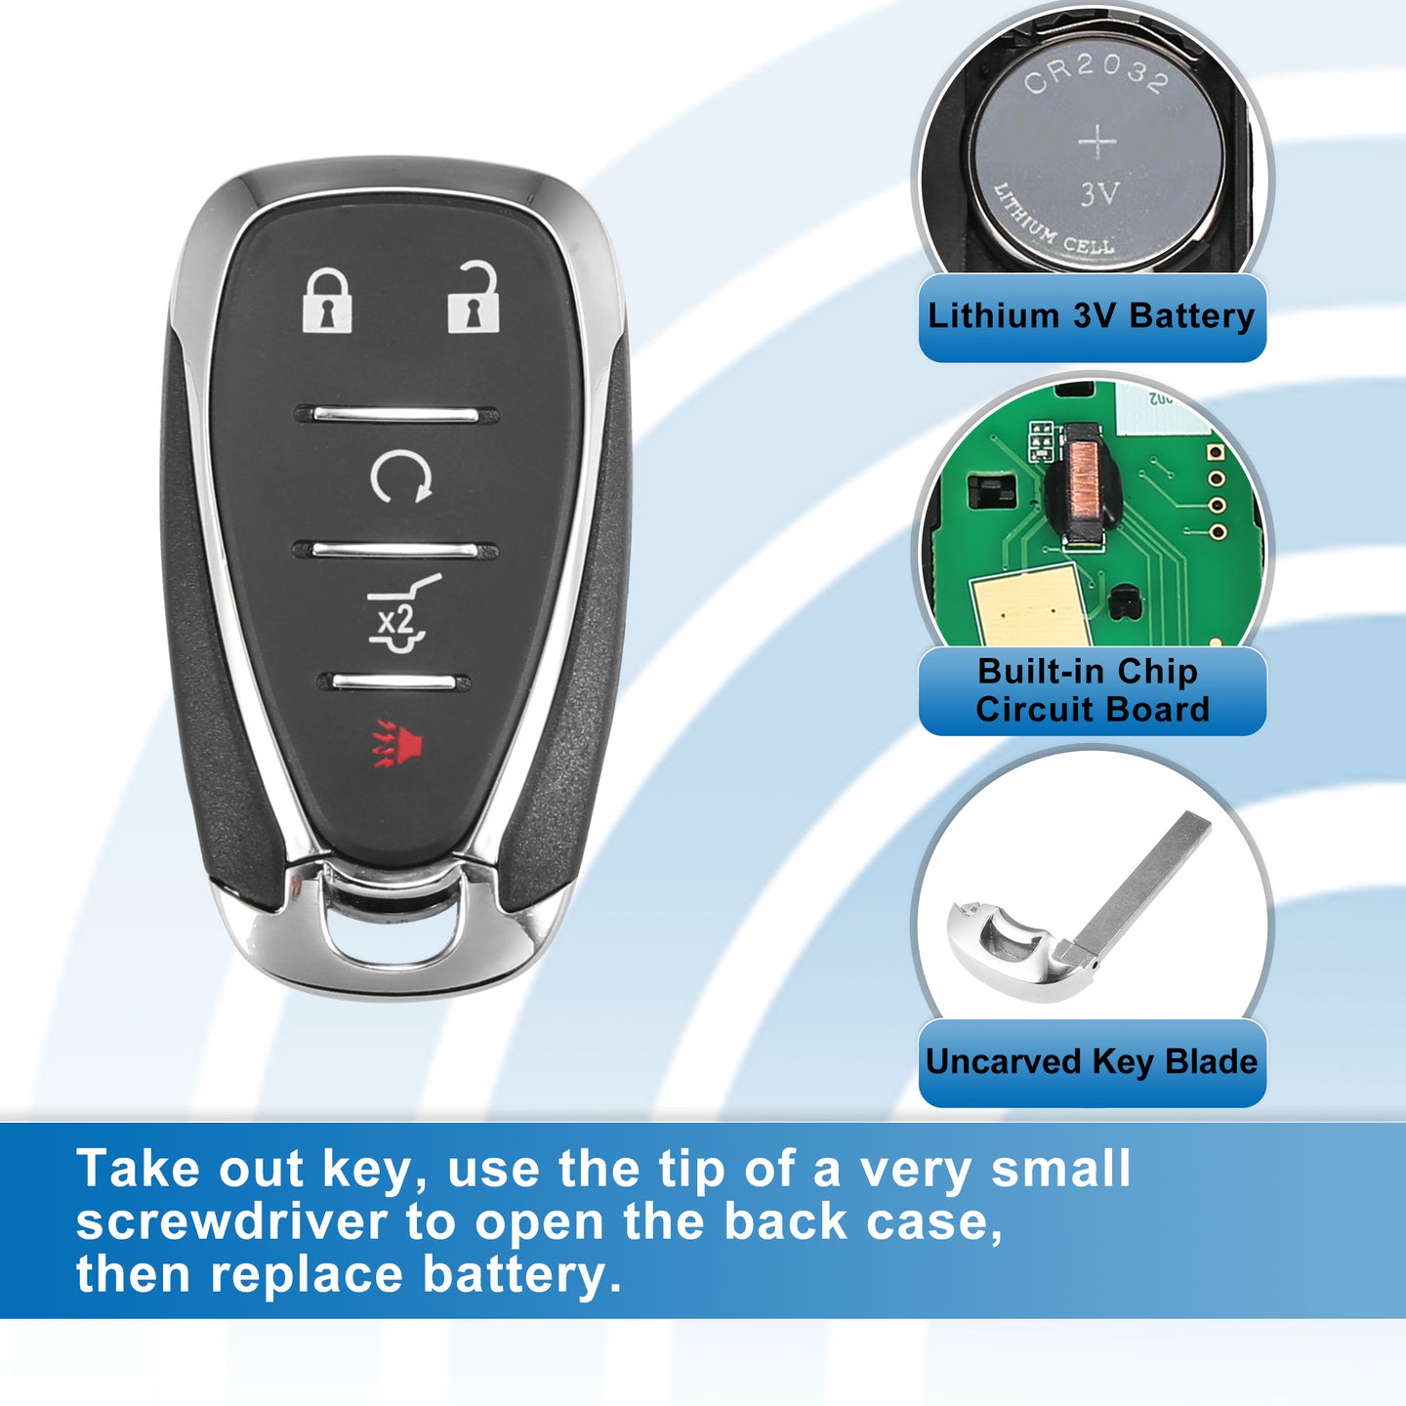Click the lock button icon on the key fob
click(x=328, y=301)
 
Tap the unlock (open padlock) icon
click(x=474, y=297)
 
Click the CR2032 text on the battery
click(x=1096, y=74)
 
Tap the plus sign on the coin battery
click(x=1097, y=141)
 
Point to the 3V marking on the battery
click(x=1098, y=194)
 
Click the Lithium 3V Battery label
click(x=1092, y=316)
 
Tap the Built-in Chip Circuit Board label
click(x=1092, y=690)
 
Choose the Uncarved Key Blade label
click(x=1092, y=1061)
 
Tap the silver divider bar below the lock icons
click(x=396, y=415)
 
